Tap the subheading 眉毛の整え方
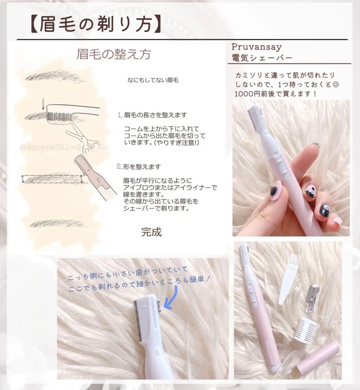[114, 54]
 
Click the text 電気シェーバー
[262, 57]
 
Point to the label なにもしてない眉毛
[153, 80]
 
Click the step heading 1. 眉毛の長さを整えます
[152, 115]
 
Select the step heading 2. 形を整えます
[139, 167]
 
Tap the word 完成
[151, 232]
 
